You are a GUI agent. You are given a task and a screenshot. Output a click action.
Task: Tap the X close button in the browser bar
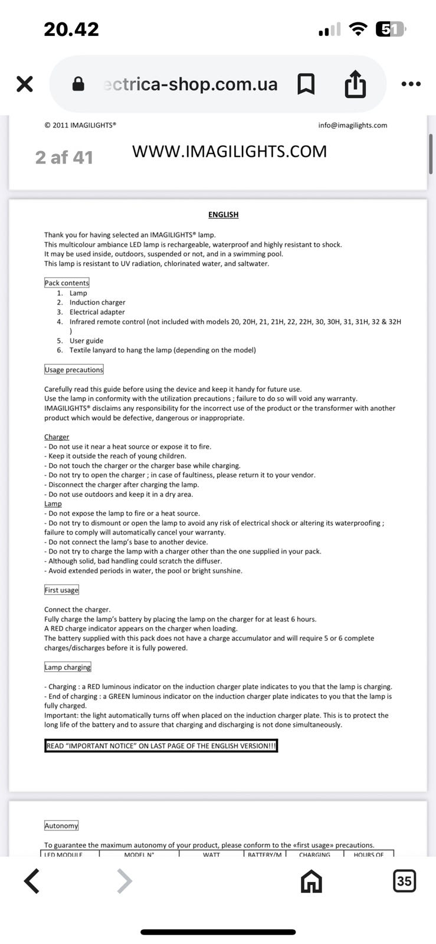[x=25, y=84]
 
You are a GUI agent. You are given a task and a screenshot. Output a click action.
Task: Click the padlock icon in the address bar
[x=78, y=84]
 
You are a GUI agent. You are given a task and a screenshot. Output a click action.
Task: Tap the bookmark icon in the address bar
[x=306, y=84]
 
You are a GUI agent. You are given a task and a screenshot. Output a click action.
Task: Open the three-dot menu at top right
[x=411, y=84]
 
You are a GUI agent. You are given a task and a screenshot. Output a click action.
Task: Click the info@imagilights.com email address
[x=352, y=125]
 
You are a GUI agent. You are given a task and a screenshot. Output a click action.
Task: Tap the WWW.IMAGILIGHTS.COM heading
[x=229, y=152]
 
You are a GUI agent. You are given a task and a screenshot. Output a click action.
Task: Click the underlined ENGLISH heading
[x=223, y=215]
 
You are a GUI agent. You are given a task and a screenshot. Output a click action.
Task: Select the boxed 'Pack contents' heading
[x=67, y=283]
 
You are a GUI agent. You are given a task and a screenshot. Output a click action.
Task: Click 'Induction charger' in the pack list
[x=97, y=303]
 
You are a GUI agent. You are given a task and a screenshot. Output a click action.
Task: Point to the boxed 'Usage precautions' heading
[x=74, y=370]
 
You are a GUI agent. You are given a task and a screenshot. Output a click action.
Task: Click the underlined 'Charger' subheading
[x=57, y=437]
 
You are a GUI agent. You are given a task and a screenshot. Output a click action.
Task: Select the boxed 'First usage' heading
[x=61, y=590]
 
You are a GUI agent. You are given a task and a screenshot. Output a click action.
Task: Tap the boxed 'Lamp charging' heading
[x=68, y=667]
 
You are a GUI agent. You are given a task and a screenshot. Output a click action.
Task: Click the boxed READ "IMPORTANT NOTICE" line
[x=161, y=746]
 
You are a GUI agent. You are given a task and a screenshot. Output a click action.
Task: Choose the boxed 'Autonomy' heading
[x=61, y=826]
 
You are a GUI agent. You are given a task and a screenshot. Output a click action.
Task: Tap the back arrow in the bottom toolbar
[x=32, y=881]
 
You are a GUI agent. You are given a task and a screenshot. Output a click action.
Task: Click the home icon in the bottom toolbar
[x=312, y=882]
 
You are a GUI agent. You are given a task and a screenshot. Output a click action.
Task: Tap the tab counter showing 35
[x=404, y=881]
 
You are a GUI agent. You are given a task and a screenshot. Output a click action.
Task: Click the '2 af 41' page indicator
[x=64, y=158]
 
